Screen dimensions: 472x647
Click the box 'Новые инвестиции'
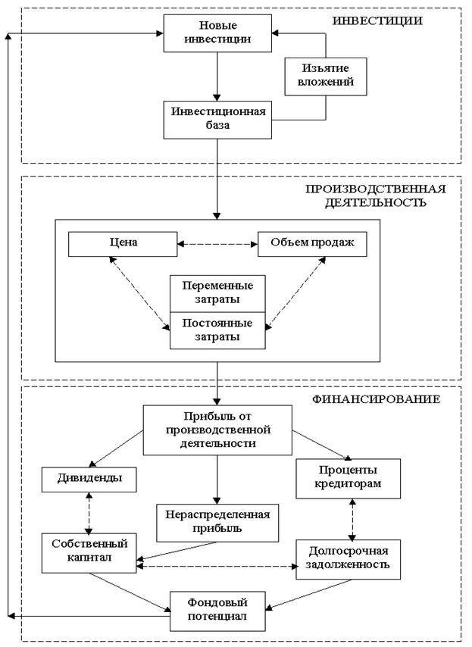click(x=217, y=33)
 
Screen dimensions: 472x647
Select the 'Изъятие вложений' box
click(x=326, y=77)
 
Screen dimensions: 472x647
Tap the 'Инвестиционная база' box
click(x=217, y=120)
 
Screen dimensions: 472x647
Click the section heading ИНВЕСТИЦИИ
click(x=377, y=20)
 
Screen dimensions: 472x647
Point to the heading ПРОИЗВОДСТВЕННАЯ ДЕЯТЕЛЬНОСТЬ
click(x=376, y=195)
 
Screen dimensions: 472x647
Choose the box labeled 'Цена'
click(x=123, y=244)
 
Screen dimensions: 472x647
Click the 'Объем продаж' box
click(x=312, y=244)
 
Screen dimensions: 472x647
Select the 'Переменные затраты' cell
click(x=217, y=293)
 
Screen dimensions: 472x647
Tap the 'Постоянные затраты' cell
click(x=217, y=330)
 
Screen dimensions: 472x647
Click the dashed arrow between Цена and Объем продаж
click(x=217, y=244)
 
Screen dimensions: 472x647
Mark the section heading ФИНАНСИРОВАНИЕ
click(x=376, y=399)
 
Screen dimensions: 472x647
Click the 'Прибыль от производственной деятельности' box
click(x=217, y=430)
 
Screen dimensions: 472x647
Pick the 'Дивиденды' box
click(x=89, y=480)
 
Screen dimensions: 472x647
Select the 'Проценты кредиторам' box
click(x=349, y=479)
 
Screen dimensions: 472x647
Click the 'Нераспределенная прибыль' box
click(x=217, y=523)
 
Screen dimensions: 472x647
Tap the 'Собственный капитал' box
click(x=89, y=553)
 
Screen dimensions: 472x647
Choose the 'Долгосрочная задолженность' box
click(x=349, y=559)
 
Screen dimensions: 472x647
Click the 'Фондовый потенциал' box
click(x=217, y=611)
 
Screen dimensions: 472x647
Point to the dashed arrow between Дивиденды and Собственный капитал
click(x=89, y=513)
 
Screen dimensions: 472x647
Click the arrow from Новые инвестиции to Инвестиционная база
click(x=217, y=77)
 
